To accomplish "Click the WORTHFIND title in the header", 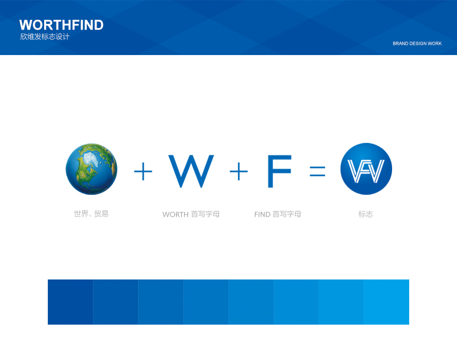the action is pyautogui.click(x=61, y=25).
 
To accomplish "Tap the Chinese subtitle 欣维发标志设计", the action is pyautogui.click(x=45, y=37).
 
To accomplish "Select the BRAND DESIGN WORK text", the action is pyautogui.click(x=417, y=44).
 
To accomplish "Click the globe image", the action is pyautogui.click(x=91, y=169).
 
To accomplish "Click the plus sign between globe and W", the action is pyautogui.click(x=143, y=171).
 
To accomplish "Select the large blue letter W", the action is pyautogui.click(x=191, y=171).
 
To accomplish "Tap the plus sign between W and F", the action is pyautogui.click(x=239, y=171).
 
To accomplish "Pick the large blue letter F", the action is pyautogui.click(x=279, y=171).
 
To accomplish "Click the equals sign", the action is pyautogui.click(x=317, y=171).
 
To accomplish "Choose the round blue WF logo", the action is pyautogui.click(x=366, y=169).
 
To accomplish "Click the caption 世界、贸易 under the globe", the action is pyautogui.click(x=91, y=214).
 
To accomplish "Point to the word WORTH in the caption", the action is pyautogui.click(x=176, y=215).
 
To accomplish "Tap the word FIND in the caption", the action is pyautogui.click(x=262, y=215).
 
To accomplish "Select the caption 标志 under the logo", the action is pyautogui.click(x=366, y=214).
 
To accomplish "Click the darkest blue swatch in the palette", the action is pyautogui.click(x=71, y=302).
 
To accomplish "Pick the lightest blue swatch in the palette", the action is pyautogui.click(x=386, y=302).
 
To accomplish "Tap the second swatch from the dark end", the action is pyautogui.click(x=116, y=302).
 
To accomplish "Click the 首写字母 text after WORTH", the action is pyautogui.click(x=206, y=214).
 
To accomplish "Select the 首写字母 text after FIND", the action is pyautogui.click(x=287, y=214).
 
